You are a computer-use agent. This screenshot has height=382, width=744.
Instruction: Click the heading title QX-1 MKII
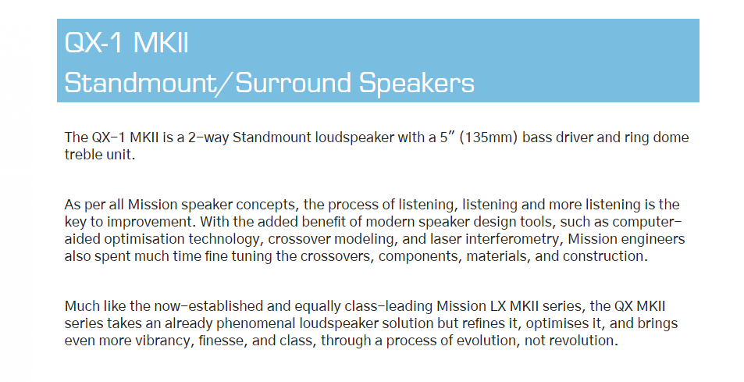[126, 43]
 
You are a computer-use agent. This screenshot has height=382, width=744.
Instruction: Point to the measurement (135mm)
[488, 137]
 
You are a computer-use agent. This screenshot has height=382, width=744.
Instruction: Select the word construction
[605, 256]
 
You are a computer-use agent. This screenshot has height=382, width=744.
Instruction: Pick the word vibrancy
[159, 341]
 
